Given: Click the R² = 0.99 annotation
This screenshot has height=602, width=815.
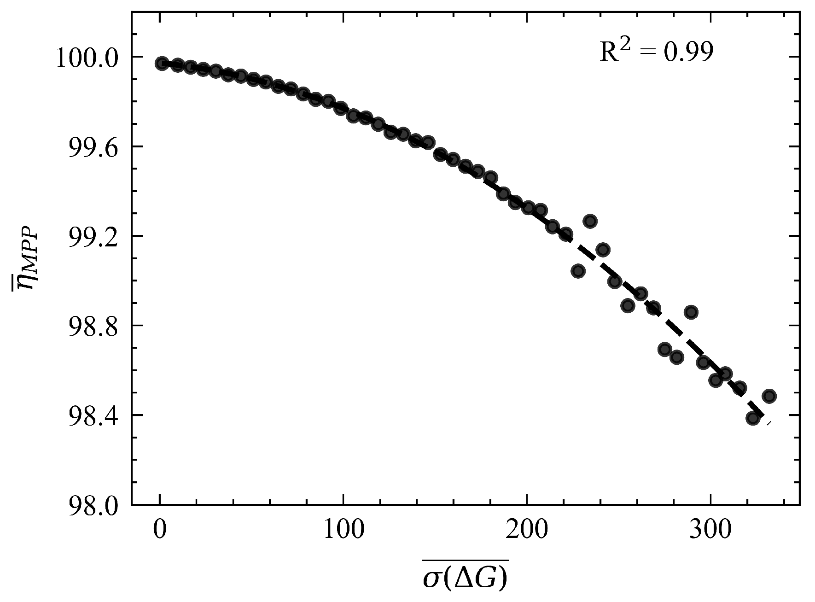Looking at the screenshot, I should tap(656, 52).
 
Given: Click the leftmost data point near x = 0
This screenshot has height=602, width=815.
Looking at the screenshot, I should tap(162, 64).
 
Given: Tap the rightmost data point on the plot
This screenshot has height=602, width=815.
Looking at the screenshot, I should tap(769, 396).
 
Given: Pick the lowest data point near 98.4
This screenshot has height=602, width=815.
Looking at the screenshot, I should tap(753, 418).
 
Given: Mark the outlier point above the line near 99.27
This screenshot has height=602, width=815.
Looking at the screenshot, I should tap(590, 221).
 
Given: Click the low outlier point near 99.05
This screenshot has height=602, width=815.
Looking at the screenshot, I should tap(578, 271).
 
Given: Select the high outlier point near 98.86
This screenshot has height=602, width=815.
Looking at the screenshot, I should tap(691, 312).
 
